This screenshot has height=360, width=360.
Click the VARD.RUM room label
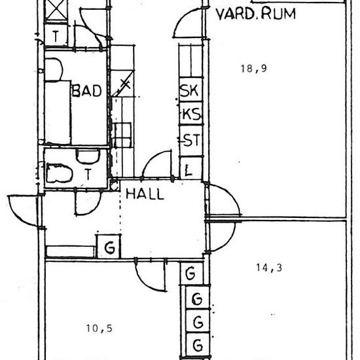256,14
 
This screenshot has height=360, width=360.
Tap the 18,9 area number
254,69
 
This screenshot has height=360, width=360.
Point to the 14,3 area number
269,268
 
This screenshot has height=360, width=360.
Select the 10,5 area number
99,329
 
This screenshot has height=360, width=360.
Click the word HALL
145,194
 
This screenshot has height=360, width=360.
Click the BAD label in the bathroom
87,90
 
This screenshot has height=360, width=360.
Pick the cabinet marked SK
190,90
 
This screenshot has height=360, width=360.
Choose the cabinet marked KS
190,113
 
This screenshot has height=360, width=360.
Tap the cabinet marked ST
190,141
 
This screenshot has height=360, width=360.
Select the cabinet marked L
190,168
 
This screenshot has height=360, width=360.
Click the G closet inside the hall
109,247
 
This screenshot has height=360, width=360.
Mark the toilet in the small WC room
59,173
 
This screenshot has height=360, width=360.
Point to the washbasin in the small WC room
88,156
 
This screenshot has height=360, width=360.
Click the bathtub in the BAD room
58,113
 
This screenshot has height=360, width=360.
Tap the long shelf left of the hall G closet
70,251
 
